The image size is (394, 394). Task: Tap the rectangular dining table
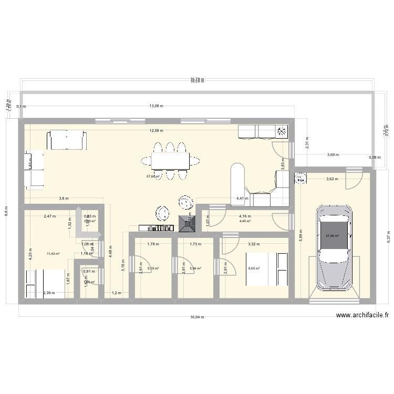click(x=171, y=161)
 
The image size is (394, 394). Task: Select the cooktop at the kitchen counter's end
click(x=282, y=131)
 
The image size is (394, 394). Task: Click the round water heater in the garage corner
click(x=301, y=180)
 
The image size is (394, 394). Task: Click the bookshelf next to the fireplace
click(x=155, y=227)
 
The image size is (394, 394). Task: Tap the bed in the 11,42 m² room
click(x=47, y=284)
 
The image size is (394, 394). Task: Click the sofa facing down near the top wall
click(x=66, y=140)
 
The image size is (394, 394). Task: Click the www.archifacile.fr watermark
click(x=362, y=315)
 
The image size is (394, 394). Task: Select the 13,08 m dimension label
click(x=156, y=106)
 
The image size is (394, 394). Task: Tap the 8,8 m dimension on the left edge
click(x=6, y=211)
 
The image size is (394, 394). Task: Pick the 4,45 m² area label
click(x=245, y=221)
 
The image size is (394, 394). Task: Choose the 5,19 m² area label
click(x=153, y=268)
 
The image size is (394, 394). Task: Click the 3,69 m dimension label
click(x=333, y=155)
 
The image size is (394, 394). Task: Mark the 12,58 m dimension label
click(x=156, y=130)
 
